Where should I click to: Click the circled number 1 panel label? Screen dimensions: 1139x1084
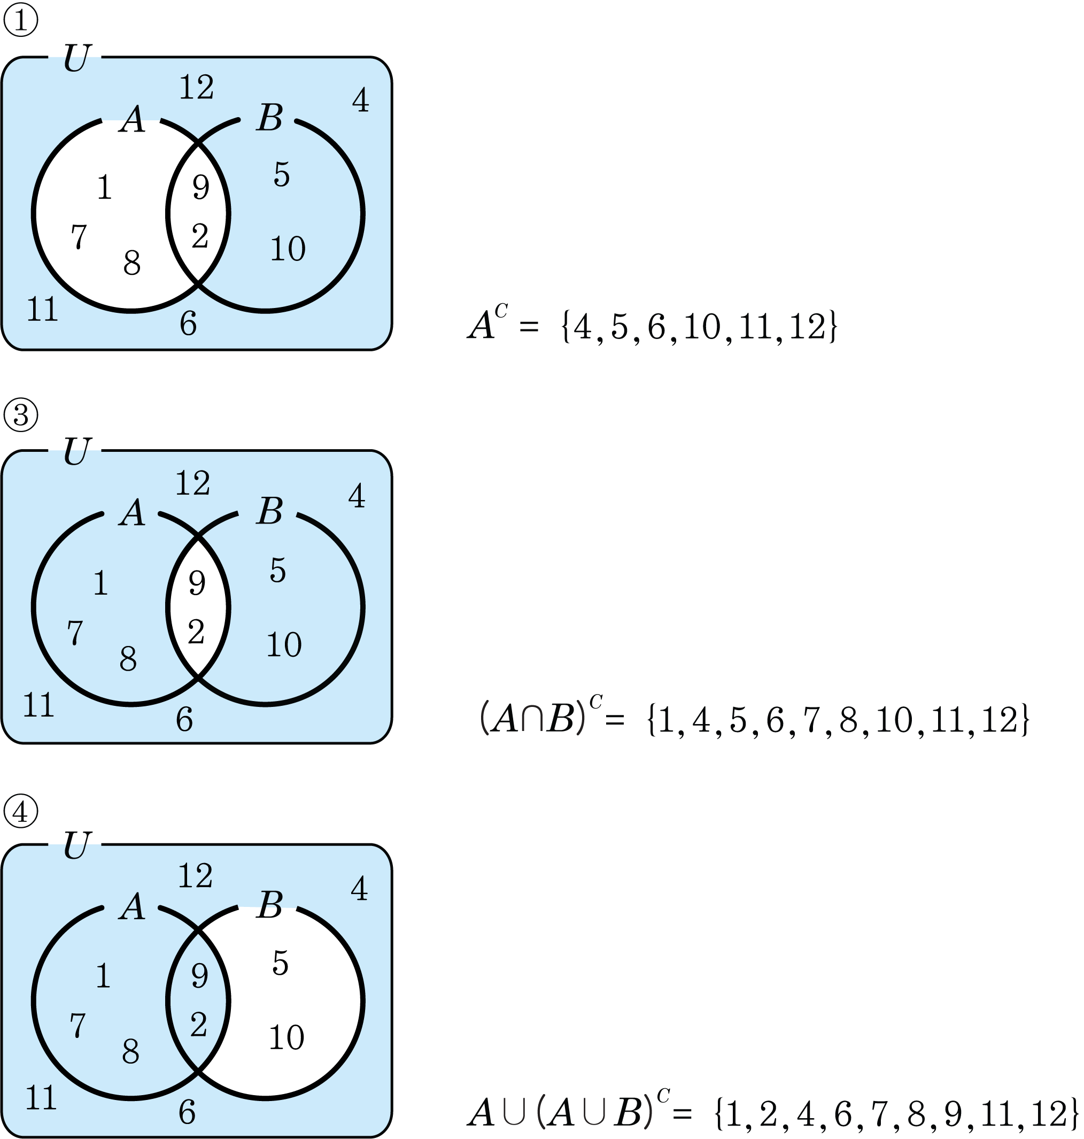(21, 21)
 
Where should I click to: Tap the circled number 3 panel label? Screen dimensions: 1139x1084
(21, 415)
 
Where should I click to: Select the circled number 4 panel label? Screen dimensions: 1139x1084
(21, 811)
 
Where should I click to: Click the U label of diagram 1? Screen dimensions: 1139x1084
(76, 58)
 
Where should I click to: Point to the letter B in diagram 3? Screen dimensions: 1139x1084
(270, 511)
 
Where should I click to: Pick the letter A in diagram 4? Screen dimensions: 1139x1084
(133, 906)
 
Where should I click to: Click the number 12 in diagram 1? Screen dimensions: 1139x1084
(197, 88)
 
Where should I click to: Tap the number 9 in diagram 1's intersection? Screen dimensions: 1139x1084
(200, 187)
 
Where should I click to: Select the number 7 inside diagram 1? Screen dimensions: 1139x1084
(79, 236)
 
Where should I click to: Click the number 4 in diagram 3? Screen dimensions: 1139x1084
(357, 496)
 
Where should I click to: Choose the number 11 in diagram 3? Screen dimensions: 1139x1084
(38, 705)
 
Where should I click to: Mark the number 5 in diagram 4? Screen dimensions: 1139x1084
(280, 963)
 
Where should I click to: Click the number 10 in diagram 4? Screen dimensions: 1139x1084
(287, 1037)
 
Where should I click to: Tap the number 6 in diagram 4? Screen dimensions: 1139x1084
(187, 1112)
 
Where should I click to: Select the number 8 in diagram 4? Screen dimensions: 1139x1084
(130, 1052)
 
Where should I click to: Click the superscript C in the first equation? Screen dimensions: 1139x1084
(501, 312)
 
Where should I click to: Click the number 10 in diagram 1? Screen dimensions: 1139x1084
(288, 249)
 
